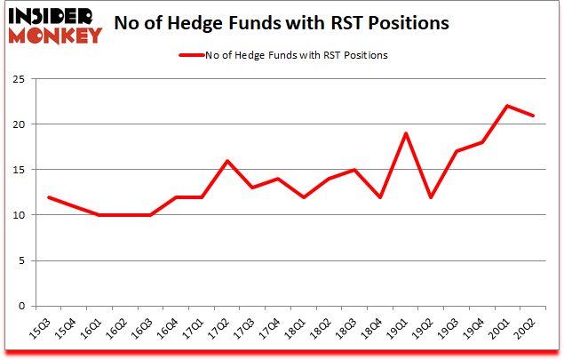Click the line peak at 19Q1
[405, 133]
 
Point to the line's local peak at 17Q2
[226, 161]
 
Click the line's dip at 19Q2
[431, 196]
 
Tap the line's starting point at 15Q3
[48, 196]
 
